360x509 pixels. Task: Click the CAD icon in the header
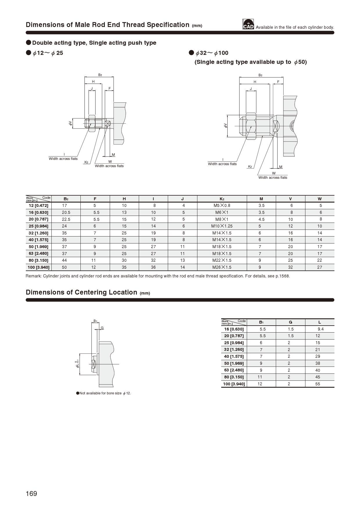[x=248, y=24]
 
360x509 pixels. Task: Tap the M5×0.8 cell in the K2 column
[x=222, y=205]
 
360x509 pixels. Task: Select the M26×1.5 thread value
[x=222, y=267]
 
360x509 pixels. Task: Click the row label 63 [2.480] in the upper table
[x=38, y=254]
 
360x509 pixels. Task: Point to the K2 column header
[x=222, y=199]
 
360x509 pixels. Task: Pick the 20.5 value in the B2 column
[x=66, y=212]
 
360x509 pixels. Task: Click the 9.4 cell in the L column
[x=321, y=329]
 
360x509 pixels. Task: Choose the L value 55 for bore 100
[x=318, y=384]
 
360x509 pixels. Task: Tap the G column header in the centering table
[x=290, y=322]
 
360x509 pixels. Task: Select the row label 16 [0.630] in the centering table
[x=234, y=329]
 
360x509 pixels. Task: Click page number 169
[x=31, y=494]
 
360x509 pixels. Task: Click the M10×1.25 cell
[x=222, y=226]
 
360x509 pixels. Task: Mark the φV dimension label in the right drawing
[x=225, y=126]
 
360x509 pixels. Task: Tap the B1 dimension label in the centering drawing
[x=95, y=321]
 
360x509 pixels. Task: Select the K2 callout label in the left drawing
[x=86, y=162]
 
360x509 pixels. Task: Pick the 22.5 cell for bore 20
[x=66, y=219]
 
